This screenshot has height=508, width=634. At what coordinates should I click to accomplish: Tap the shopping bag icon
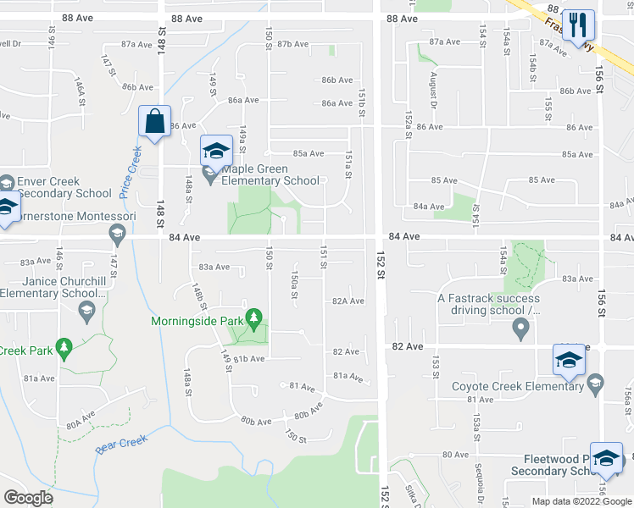coord(155,122)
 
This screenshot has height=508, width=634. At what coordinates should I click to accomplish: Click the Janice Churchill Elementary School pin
coord(86,313)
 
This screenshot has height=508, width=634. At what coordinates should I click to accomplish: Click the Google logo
coord(28,498)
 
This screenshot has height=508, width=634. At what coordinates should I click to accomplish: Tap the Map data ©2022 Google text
coord(581,501)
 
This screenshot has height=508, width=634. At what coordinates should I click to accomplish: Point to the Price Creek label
coord(129,173)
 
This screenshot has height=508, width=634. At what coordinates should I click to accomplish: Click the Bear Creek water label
coord(121,444)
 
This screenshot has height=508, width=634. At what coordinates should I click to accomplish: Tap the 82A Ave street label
coord(348,301)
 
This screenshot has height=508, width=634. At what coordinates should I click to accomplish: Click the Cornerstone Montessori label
coord(68,217)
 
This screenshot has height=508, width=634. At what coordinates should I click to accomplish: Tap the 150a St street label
coord(293,280)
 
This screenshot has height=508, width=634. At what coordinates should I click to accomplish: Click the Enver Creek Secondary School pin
coord(7,183)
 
